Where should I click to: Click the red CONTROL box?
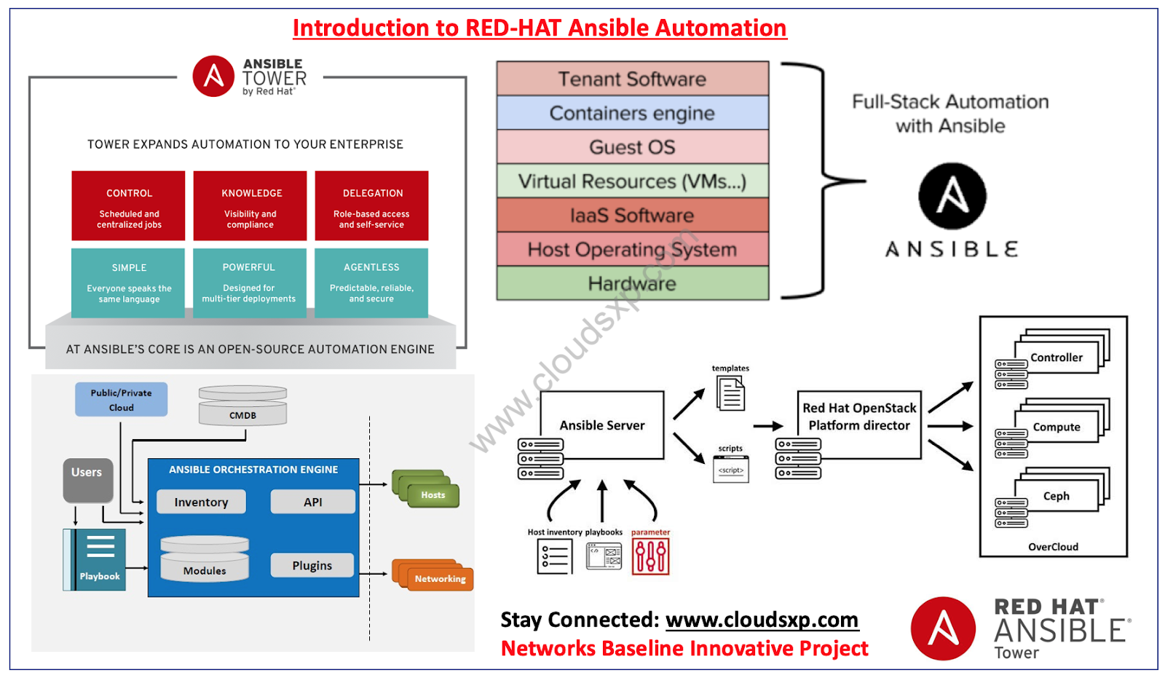(x=128, y=206)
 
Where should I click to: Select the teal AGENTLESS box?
(x=371, y=283)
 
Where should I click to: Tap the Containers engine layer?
(x=632, y=113)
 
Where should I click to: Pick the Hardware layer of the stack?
(x=632, y=283)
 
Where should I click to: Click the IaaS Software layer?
(x=632, y=216)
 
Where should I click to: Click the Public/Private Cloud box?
(x=121, y=400)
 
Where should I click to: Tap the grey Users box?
(x=87, y=480)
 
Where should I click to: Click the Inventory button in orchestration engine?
(x=201, y=502)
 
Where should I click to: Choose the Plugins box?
(x=312, y=565)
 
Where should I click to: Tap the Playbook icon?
(x=95, y=559)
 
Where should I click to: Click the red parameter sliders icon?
(x=650, y=556)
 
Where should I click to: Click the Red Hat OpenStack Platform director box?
(x=859, y=425)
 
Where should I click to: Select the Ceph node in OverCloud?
(x=1056, y=496)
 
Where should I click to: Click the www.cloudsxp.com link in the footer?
(x=762, y=620)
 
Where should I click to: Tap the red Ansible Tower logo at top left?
(x=213, y=76)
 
